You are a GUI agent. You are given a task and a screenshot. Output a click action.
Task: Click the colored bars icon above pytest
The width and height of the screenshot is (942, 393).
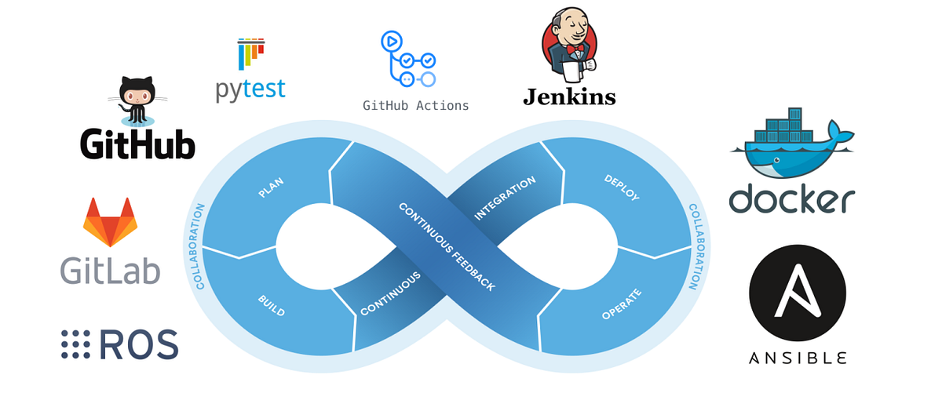tap(250, 53)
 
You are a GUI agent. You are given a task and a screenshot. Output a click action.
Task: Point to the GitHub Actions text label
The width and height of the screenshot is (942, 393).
tap(415, 105)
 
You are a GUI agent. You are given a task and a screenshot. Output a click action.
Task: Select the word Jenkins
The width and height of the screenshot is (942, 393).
tap(569, 97)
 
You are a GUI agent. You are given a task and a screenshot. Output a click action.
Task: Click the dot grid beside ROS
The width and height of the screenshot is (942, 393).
tap(75, 344)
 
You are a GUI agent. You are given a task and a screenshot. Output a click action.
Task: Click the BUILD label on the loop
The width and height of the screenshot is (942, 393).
tap(271, 305)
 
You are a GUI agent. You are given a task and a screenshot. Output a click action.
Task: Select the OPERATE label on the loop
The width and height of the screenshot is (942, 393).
tap(621, 304)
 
